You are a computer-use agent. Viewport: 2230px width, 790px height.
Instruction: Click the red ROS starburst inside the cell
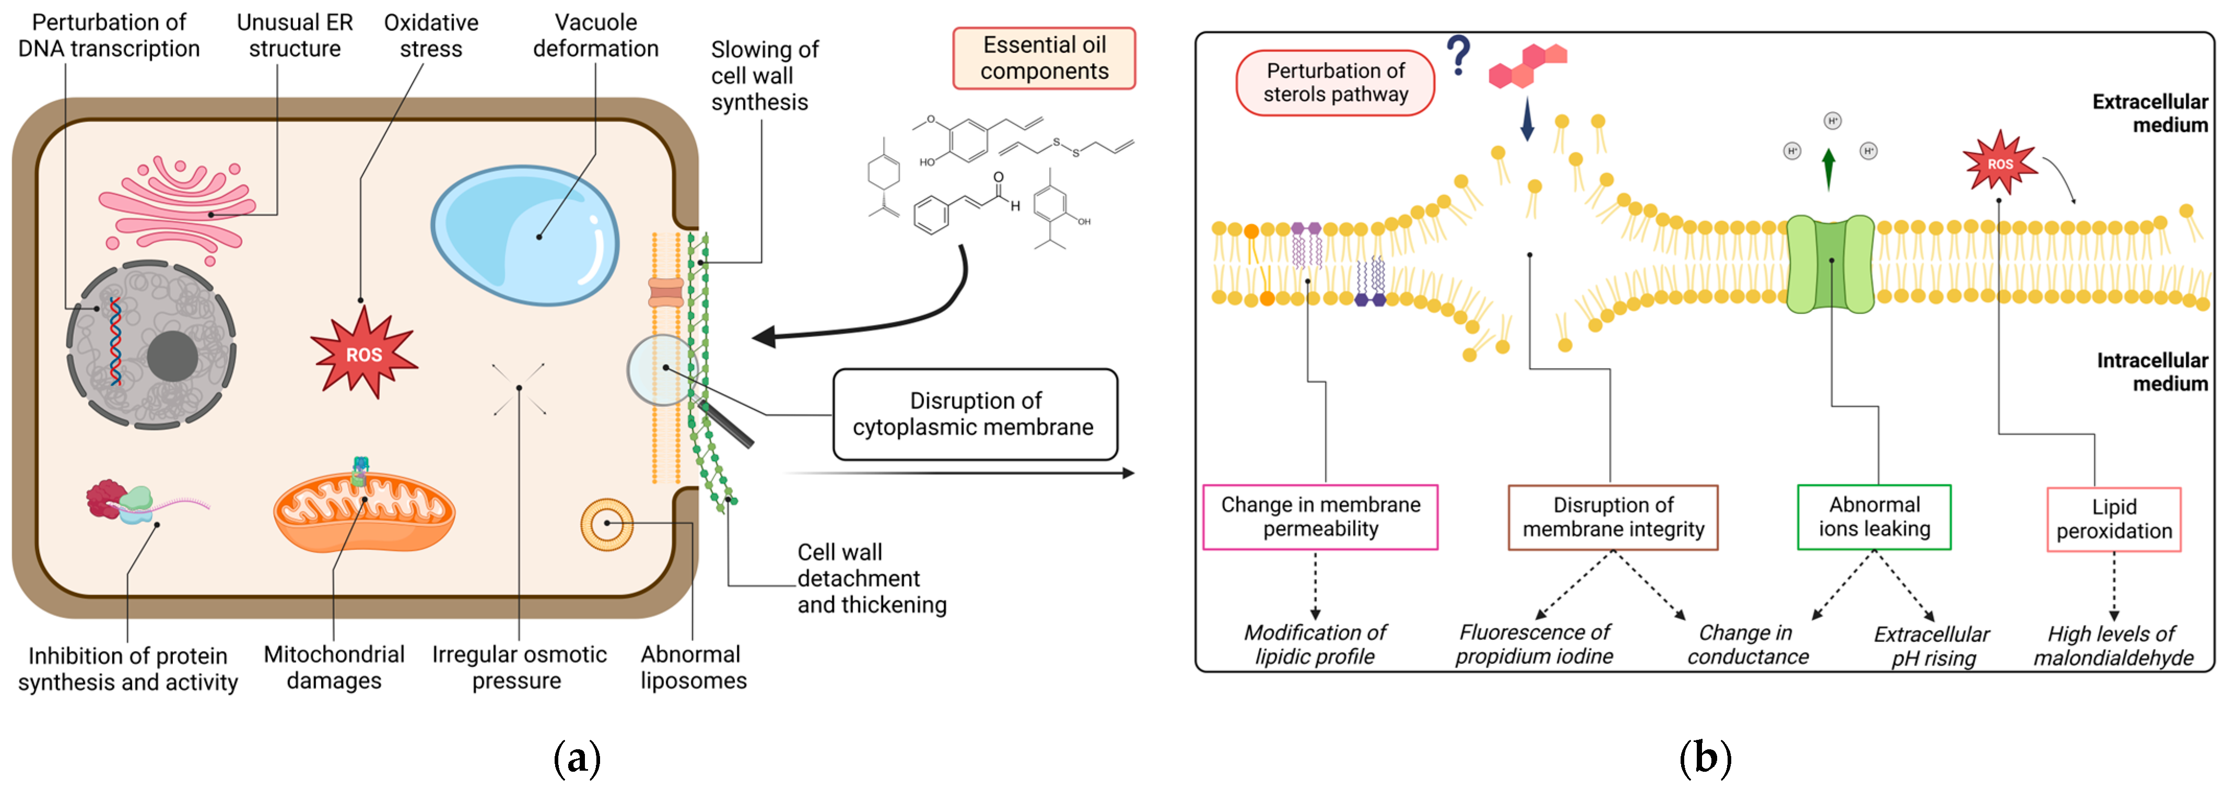point(363,354)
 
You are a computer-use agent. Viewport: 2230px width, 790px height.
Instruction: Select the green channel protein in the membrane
point(1830,264)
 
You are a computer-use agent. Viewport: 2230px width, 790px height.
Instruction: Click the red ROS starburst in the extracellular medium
point(1999,163)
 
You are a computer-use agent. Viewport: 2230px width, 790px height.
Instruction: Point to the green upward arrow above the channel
point(1828,169)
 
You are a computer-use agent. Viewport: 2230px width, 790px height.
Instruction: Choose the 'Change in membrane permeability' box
point(1320,516)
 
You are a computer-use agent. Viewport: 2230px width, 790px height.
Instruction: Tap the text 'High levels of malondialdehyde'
point(2112,645)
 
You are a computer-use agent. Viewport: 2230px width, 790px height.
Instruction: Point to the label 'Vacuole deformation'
point(595,36)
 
